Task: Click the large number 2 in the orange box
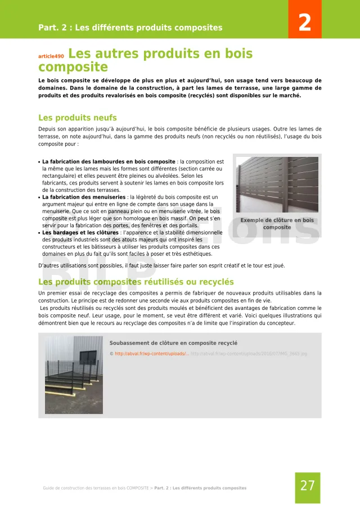tap(304, 23)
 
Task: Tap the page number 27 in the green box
tap(308, 485)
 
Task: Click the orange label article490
tap(51, 57)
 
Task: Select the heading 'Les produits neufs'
tap(77, 118)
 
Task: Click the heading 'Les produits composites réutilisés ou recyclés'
tap(136, 282)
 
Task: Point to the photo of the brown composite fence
tap(277, 185)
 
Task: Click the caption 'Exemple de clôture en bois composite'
tap(277, 224)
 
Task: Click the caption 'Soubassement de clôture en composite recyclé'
tap(173, 343)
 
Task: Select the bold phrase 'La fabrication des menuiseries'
tap(84, 197)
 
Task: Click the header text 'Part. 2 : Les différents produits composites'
tap(130, 28)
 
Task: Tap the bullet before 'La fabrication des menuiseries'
tap(39, 197)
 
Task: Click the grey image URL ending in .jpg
tap(249, 354)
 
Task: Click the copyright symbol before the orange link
tap(111, 354)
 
